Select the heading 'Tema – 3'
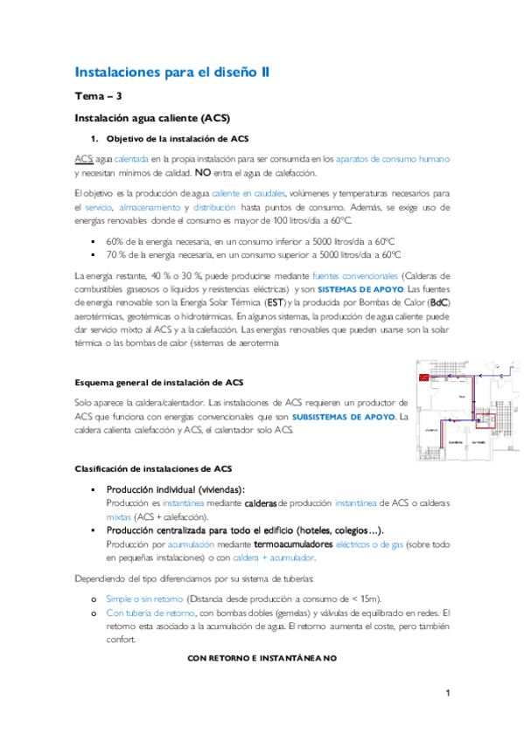(x=97, y=96)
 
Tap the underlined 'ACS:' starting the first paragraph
(x=84, y=159)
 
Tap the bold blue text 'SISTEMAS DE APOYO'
(x=360, y=288)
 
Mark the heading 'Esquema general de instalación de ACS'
(x=158, y=383)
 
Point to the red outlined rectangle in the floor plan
(x=485, y=419)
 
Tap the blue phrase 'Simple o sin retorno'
(x=144, y=599)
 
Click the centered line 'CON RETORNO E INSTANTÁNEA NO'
(x=262, y=656)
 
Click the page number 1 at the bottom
(x=447, y=694)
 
